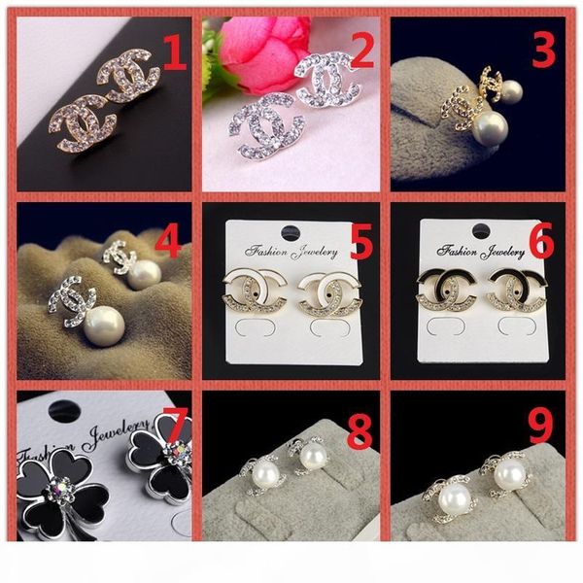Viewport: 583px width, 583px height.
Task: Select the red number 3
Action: point(543,51)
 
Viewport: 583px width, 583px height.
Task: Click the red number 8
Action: point(360,430)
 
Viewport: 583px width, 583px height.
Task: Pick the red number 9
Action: point(541,426)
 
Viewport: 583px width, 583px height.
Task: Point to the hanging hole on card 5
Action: point(291,233)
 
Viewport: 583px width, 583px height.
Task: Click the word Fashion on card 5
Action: point(266,252)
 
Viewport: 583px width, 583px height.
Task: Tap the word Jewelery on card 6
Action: point(502,253)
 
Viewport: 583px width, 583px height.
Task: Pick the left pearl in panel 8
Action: point(264,474)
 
